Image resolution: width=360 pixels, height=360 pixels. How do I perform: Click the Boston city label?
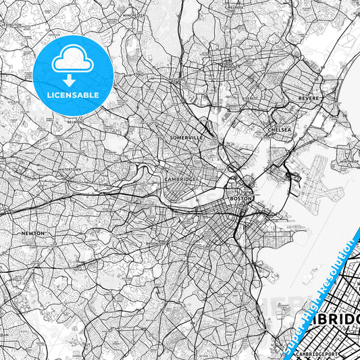241,199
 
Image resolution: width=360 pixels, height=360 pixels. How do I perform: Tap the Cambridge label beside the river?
180,179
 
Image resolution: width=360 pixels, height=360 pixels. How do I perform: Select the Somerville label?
185,137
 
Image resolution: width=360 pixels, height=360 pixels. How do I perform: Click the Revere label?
308,99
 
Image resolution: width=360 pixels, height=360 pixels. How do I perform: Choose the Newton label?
32,233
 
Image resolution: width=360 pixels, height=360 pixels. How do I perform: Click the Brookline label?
157,242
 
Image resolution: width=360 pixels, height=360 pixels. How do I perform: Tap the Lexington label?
12,24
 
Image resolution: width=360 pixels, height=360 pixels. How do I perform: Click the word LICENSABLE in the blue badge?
73,95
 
